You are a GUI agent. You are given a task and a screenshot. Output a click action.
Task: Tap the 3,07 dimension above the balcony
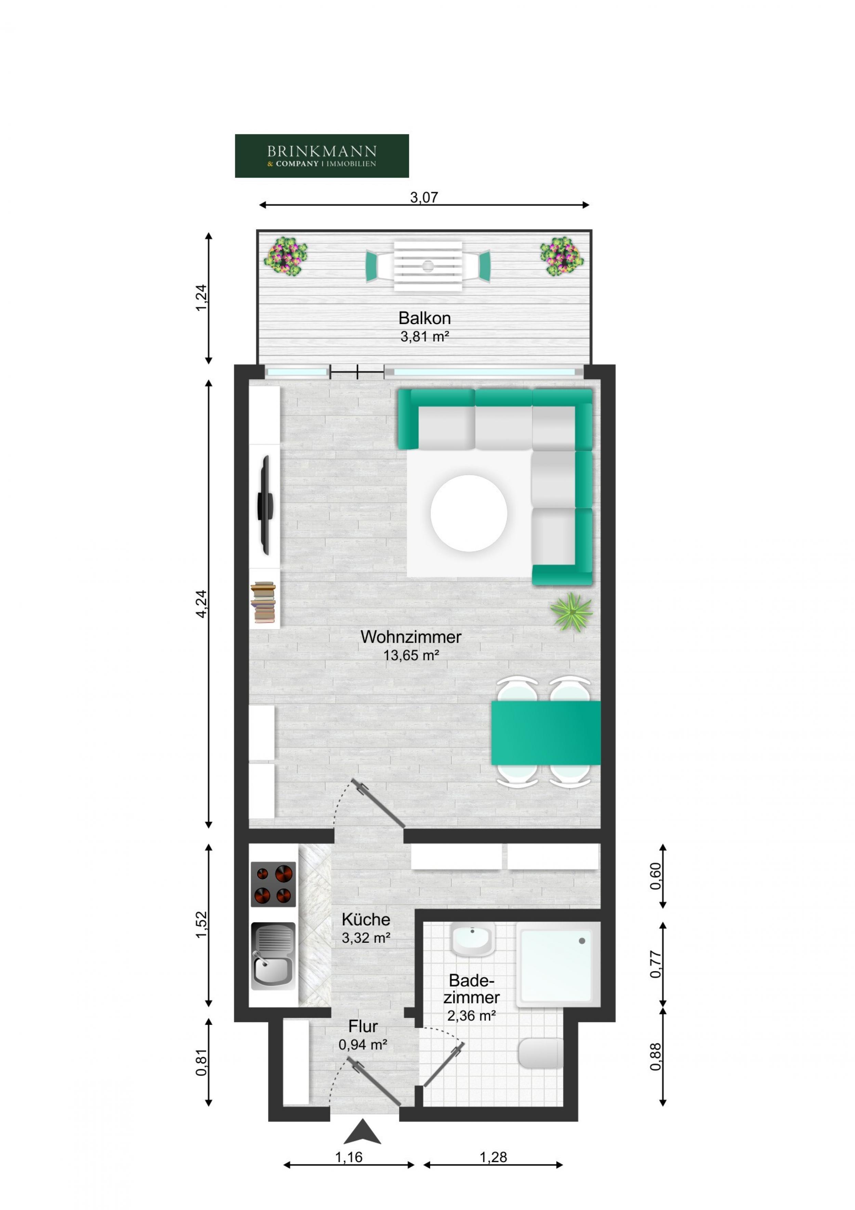424,197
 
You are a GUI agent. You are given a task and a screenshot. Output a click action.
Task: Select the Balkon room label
424,318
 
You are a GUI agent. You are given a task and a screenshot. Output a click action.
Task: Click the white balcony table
428,266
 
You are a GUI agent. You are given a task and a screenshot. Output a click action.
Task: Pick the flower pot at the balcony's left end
286,256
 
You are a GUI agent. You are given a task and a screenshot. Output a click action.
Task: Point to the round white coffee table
468,513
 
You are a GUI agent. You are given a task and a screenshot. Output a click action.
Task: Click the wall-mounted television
265,505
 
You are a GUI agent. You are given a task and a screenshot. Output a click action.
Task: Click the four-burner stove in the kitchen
273,884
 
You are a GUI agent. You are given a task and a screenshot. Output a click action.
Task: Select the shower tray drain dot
582,941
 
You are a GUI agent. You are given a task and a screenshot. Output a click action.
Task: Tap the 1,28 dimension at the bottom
493,1157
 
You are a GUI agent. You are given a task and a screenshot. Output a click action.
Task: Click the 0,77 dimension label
655,964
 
